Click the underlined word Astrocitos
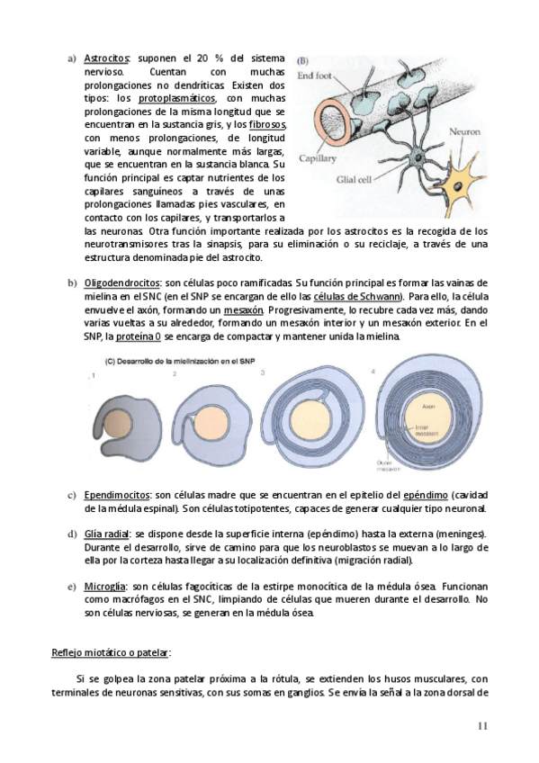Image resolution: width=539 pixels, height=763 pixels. point(106,58)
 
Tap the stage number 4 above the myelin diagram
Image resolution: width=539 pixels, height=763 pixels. point(373,371)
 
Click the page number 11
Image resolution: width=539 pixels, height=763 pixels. point(482,727)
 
